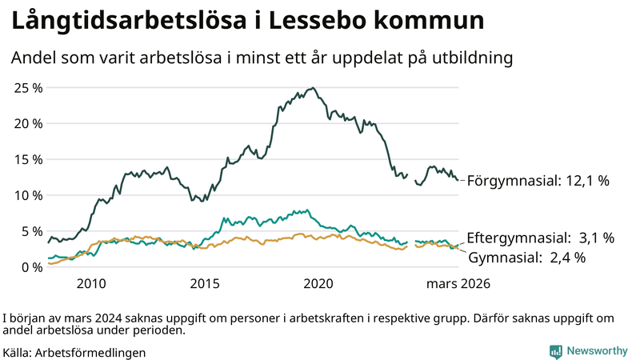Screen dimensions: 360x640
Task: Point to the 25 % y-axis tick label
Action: pos(28,87)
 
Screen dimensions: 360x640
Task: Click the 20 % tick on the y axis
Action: pos(28,123)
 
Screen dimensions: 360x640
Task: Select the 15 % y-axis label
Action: pos(28,159)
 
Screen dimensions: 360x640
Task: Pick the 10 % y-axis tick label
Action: pos(28,195)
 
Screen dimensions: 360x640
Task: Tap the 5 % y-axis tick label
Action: pos(31,231)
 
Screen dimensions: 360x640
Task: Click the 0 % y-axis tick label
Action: pos(31,267)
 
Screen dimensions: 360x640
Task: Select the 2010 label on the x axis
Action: pos(91,284)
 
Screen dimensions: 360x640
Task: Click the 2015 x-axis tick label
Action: pos(205,284)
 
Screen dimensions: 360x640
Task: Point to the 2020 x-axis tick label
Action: pos(319,284)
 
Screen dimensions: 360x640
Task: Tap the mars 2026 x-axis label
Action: pos(458,284)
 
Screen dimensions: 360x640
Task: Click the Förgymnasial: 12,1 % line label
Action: pos(538,181)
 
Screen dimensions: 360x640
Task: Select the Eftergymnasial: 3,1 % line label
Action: pos(540,238)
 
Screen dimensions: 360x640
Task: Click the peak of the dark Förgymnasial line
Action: pos(313,88)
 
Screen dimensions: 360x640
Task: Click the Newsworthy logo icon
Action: pos(555,351)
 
